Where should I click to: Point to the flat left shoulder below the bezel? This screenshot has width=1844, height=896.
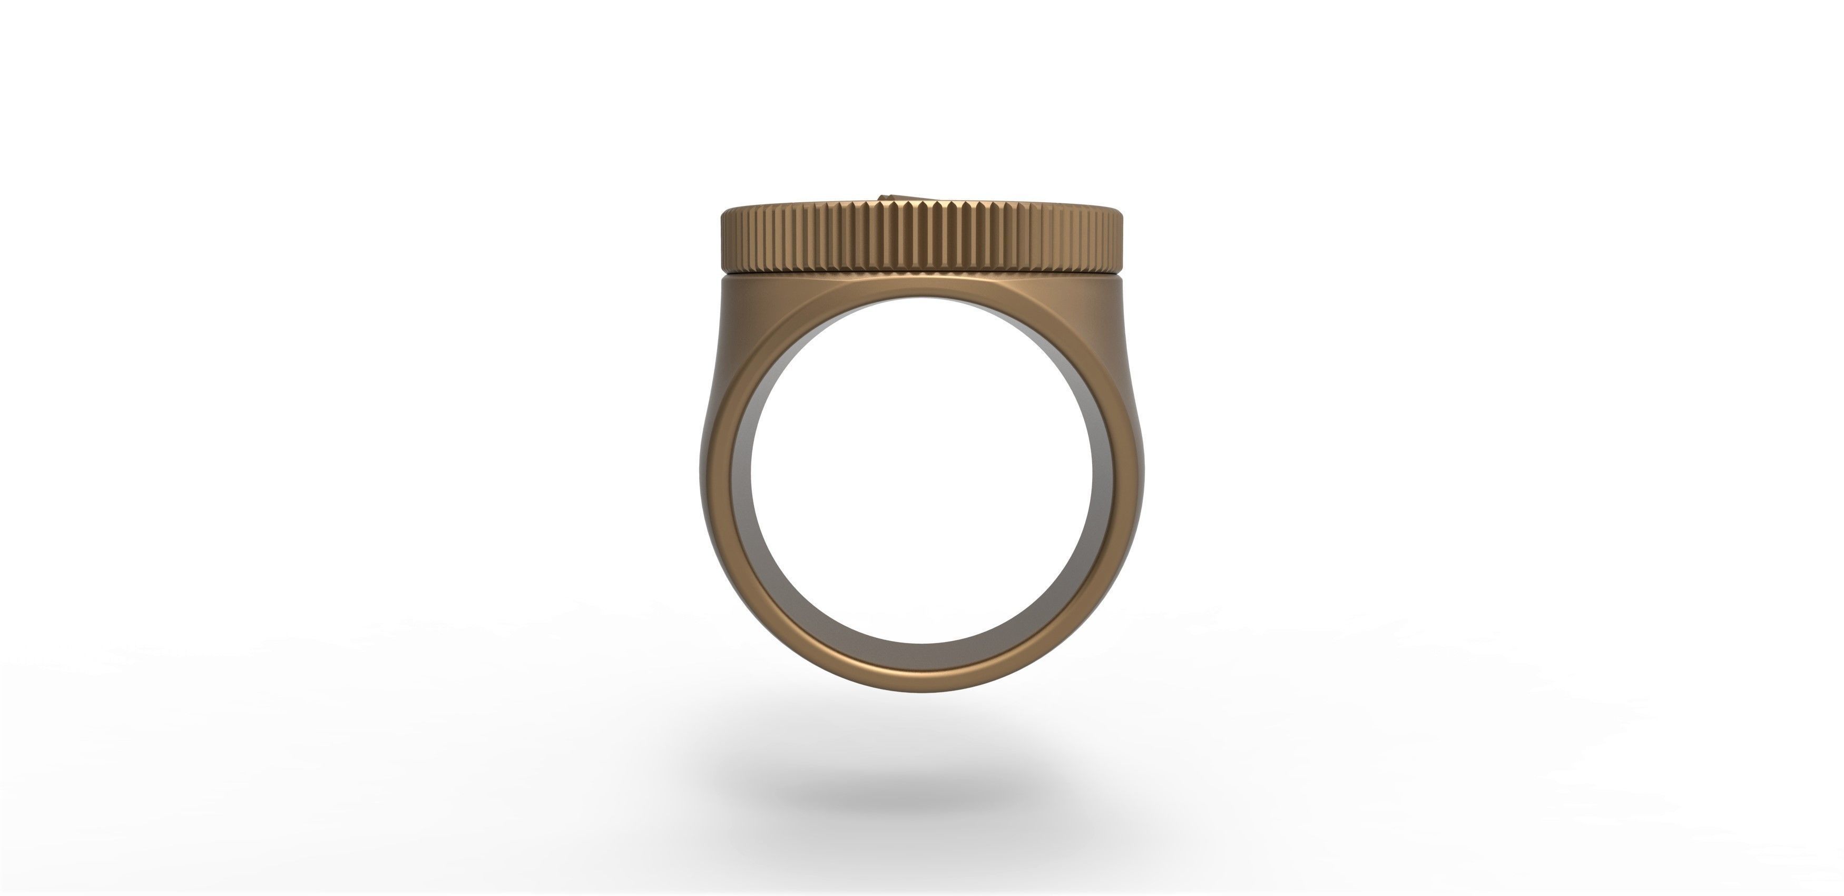coord(759,301)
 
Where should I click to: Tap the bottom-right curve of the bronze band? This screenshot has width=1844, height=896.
coord(1074,630)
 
